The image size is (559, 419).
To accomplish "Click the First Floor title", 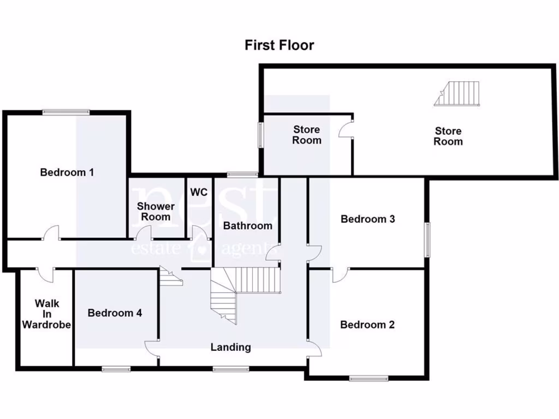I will pyautogui.click(x=279, y=45).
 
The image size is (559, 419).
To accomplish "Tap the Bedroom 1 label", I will pyautogui.click(x=67, y=172).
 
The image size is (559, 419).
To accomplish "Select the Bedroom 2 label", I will pyautogui.click(x=367, y=325).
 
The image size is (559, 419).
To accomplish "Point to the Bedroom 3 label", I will pyautogui.click(x=367, y=219).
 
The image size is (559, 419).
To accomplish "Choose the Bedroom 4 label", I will pyautogui.click(x=115, y=313).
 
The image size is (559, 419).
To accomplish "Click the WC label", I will pyautogui.click(x=199, y=193).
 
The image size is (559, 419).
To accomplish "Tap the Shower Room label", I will pyautogui.click(x=156, y=211).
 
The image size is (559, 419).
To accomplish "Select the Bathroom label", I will pyautogui.click(x=247, y=225).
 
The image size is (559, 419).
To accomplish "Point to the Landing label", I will pyautogui.click(x=231, y=347).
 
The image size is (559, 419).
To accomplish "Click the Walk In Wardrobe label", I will pyautogui.click(x=46, y=314).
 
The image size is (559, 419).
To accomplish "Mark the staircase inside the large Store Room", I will pyautogui.click(x=459, y=93).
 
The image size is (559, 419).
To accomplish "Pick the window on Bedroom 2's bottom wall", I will pyautogui.click(x=368, y=378).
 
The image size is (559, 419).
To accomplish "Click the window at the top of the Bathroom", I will pyautogui.click(x=242, y=175).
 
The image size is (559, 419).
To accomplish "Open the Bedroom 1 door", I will pyautogui.click(x=52, y=235).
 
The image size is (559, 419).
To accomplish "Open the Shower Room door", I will pyautogui.click(x=144, y=235).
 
